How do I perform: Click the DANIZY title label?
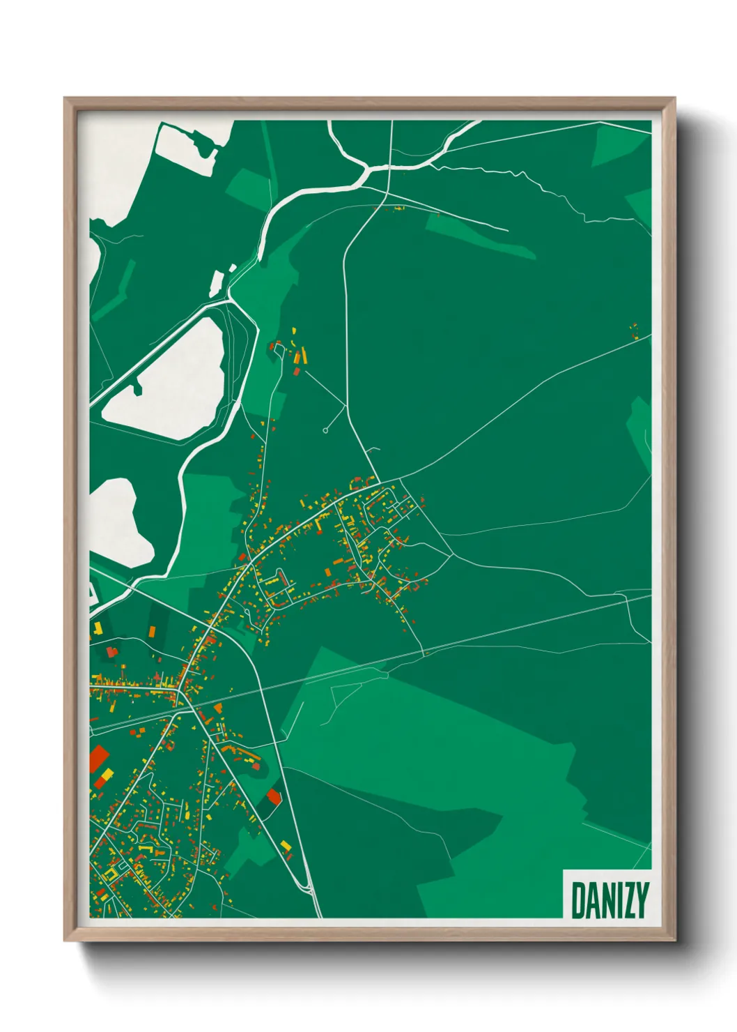610,900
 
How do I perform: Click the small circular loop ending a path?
325,430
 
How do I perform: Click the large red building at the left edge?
98,759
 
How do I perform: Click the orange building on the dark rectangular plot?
152,631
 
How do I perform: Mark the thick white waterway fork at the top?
365,170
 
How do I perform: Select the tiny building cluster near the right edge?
634,331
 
